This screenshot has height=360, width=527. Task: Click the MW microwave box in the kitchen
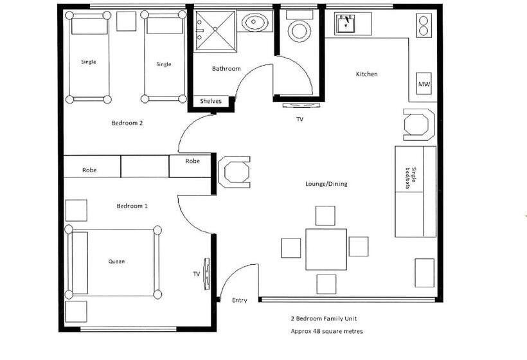424,84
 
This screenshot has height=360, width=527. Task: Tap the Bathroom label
226,69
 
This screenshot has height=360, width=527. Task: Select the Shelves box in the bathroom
211,101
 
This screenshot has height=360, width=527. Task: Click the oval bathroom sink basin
255,23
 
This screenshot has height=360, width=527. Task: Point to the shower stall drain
215,29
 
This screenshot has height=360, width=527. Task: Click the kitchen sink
346,23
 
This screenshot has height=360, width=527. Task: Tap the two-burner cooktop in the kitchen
424,26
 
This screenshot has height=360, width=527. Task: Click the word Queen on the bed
116,261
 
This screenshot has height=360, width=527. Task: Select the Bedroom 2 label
127,123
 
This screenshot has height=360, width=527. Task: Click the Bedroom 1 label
132,206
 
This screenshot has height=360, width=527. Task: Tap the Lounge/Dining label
326,184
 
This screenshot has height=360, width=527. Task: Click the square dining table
326,249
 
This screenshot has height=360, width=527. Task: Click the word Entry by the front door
240,300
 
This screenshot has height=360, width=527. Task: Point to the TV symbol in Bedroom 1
206,273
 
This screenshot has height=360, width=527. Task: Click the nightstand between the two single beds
127,21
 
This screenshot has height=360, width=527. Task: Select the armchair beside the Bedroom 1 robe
235,172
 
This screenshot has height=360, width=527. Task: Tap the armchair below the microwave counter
419,124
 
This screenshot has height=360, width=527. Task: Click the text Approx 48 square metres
326,331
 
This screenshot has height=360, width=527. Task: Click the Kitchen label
367,74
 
